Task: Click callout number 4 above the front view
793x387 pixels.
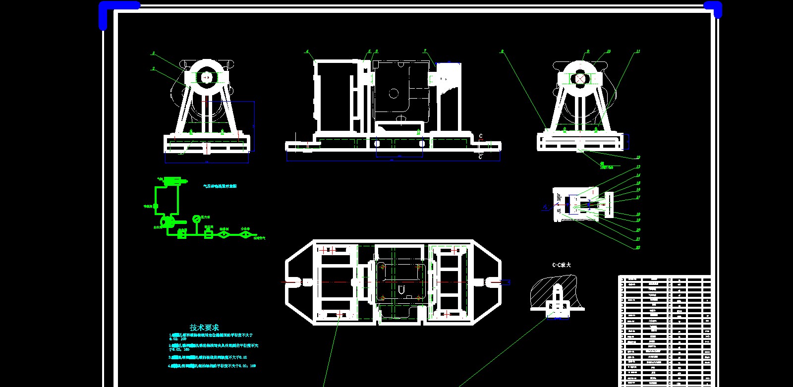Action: coord(307,52)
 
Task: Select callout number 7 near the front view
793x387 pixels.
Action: coord(425,51)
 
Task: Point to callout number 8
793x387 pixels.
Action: coord(502,51)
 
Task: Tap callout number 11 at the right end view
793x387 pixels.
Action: coord(638,51)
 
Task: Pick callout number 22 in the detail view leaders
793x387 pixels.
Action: coord(638,247)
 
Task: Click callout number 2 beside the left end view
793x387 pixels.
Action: coord(154,68)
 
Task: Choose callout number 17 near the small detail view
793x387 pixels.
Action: coord(638,197)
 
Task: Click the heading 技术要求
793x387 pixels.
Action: coord(204,328)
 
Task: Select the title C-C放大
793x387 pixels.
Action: coord(562,265)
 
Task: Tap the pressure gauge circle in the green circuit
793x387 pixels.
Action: coord(196,219)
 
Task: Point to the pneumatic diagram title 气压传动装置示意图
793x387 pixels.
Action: coord(220,186)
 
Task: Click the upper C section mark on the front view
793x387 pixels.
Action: coord(480,136)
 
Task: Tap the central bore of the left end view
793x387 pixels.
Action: coord(206,78)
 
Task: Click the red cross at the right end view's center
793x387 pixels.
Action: coord(580,78)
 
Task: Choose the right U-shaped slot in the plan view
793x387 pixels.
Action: coord(492,282)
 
